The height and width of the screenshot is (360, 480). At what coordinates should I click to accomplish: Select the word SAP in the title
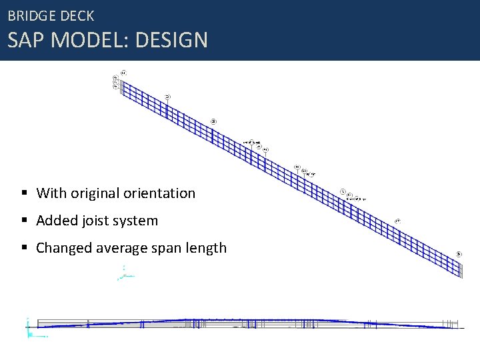pos(26,40)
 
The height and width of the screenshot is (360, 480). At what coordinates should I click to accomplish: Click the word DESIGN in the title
pos(171,40)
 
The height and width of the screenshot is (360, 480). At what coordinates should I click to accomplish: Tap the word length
pos(208,248)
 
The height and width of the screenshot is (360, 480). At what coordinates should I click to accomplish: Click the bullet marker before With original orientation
pos(24,193)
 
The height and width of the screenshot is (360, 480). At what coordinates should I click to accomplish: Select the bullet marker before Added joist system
pos(24,221)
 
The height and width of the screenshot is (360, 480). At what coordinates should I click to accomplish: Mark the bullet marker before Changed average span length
pos(24,248)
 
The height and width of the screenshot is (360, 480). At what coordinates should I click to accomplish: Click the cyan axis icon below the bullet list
pos(125,273)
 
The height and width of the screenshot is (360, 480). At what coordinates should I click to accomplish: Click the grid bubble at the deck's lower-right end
pos(459,253)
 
